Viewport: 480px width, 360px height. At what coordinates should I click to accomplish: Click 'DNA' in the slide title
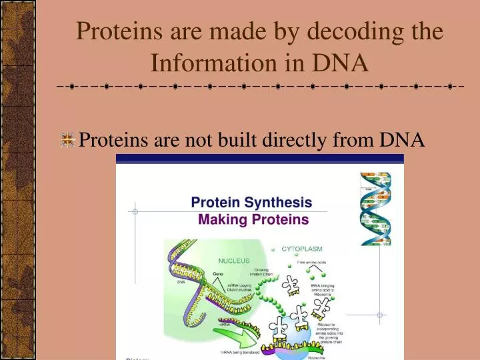pyautogui.click(x=341, y=63)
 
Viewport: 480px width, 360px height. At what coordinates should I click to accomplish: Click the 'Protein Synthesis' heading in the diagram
pyautogui.click(x=251, y=202)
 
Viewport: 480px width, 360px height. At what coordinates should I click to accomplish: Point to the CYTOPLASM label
pyautogui.click(x=301, y=249)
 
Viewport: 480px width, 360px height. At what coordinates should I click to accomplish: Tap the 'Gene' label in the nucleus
pyautogui.click(x=217, y=274)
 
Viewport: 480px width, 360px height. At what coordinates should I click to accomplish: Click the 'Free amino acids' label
pyautogui.click(x=312, y=263)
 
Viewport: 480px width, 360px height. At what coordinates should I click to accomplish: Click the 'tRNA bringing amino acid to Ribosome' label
pyautogui.click(x=323, y=289)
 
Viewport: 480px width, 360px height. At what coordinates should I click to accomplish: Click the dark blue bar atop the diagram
pyautogui.click(x=259, y=159)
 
